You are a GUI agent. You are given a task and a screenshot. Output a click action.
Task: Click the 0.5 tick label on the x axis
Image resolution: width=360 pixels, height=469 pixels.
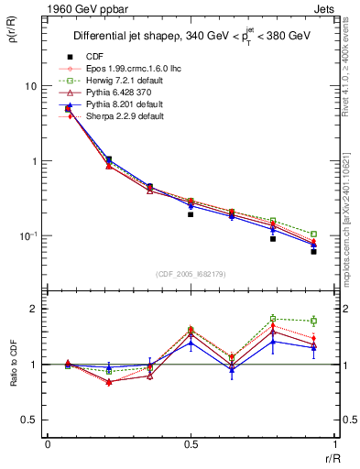[191, 445]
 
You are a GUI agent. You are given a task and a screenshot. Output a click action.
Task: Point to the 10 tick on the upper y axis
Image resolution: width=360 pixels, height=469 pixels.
[31, 86]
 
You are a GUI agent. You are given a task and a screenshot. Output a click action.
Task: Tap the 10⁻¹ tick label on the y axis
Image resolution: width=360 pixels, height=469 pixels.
[28, 236]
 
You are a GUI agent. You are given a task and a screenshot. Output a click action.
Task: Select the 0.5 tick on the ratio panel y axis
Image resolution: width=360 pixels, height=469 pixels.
[30, 420]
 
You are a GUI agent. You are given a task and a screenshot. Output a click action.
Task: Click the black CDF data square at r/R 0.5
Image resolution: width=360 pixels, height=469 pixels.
[191, 214]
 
